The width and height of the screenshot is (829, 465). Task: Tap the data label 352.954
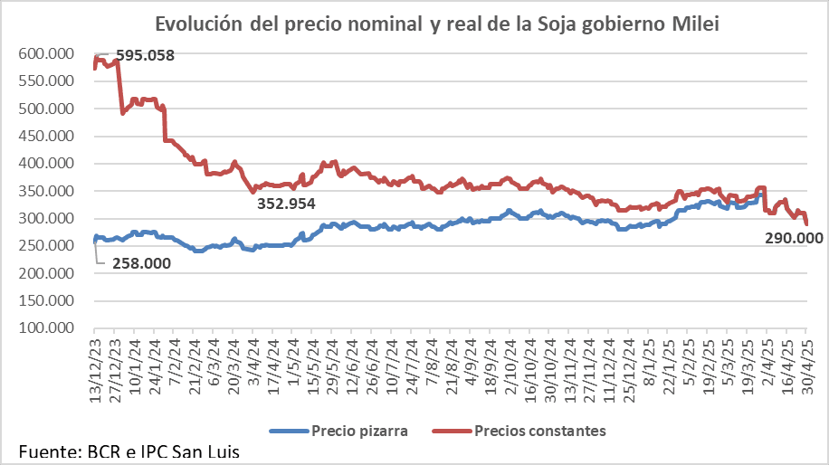pos(286,204)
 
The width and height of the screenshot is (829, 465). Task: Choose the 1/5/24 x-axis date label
pos(293,361)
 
